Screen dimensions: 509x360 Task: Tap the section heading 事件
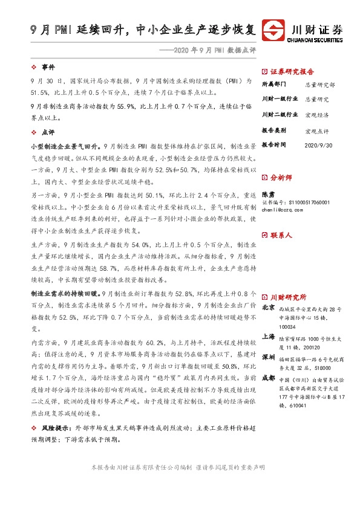coord(48,67)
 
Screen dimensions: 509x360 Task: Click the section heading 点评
coord(48,132)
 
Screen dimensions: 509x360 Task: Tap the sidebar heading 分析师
coord(283,178)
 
